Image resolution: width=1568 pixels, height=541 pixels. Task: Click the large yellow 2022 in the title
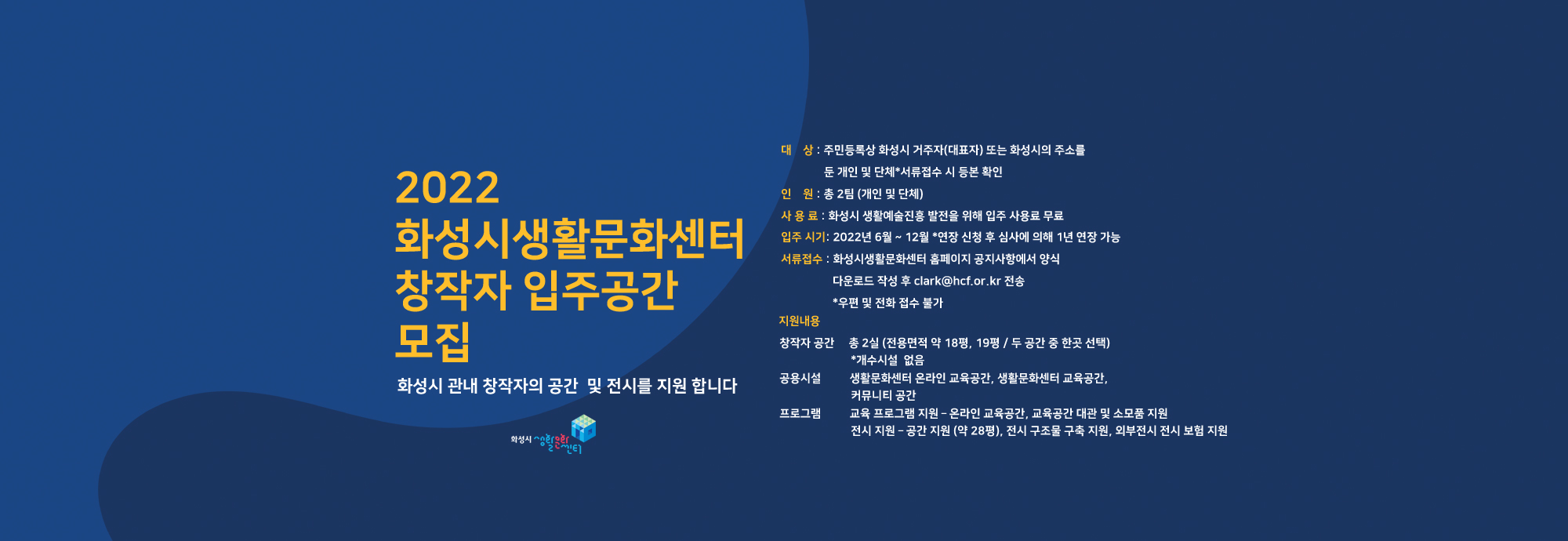tap(447, 188)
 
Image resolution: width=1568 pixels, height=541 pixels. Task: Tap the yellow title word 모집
tap(433, 342)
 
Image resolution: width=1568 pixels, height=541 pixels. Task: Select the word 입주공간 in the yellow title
tap(600, 290)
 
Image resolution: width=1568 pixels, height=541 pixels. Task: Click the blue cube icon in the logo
tap(583, 427)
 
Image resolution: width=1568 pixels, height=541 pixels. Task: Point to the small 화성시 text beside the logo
tap(521, 440)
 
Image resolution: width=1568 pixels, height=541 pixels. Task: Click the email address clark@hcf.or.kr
tap(957, 281)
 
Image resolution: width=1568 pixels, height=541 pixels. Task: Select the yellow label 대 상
tap(797, 150)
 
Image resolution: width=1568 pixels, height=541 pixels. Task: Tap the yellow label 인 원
tap(797, 194)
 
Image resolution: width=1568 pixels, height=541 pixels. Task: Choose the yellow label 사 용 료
tap(799, 216)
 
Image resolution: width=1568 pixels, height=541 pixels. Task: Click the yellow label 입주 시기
tap(804, 237)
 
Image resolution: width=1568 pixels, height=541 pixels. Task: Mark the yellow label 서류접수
tap(801, 259)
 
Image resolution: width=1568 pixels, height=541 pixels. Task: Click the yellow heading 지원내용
tap(799, 321)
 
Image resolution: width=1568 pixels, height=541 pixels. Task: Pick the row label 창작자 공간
tap(807, 343)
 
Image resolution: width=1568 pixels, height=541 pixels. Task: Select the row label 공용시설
tap(800, 378)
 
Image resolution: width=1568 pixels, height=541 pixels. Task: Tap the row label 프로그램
tap(800, 413)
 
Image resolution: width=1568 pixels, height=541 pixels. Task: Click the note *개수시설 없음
tap(887, 360)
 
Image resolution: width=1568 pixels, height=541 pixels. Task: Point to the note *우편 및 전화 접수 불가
tap(887, 303)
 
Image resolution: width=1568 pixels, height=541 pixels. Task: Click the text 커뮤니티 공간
tap(883, 395)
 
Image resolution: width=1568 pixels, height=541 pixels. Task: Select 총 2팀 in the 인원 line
tap(839, 194)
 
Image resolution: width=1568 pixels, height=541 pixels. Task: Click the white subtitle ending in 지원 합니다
tap(567, 386)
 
